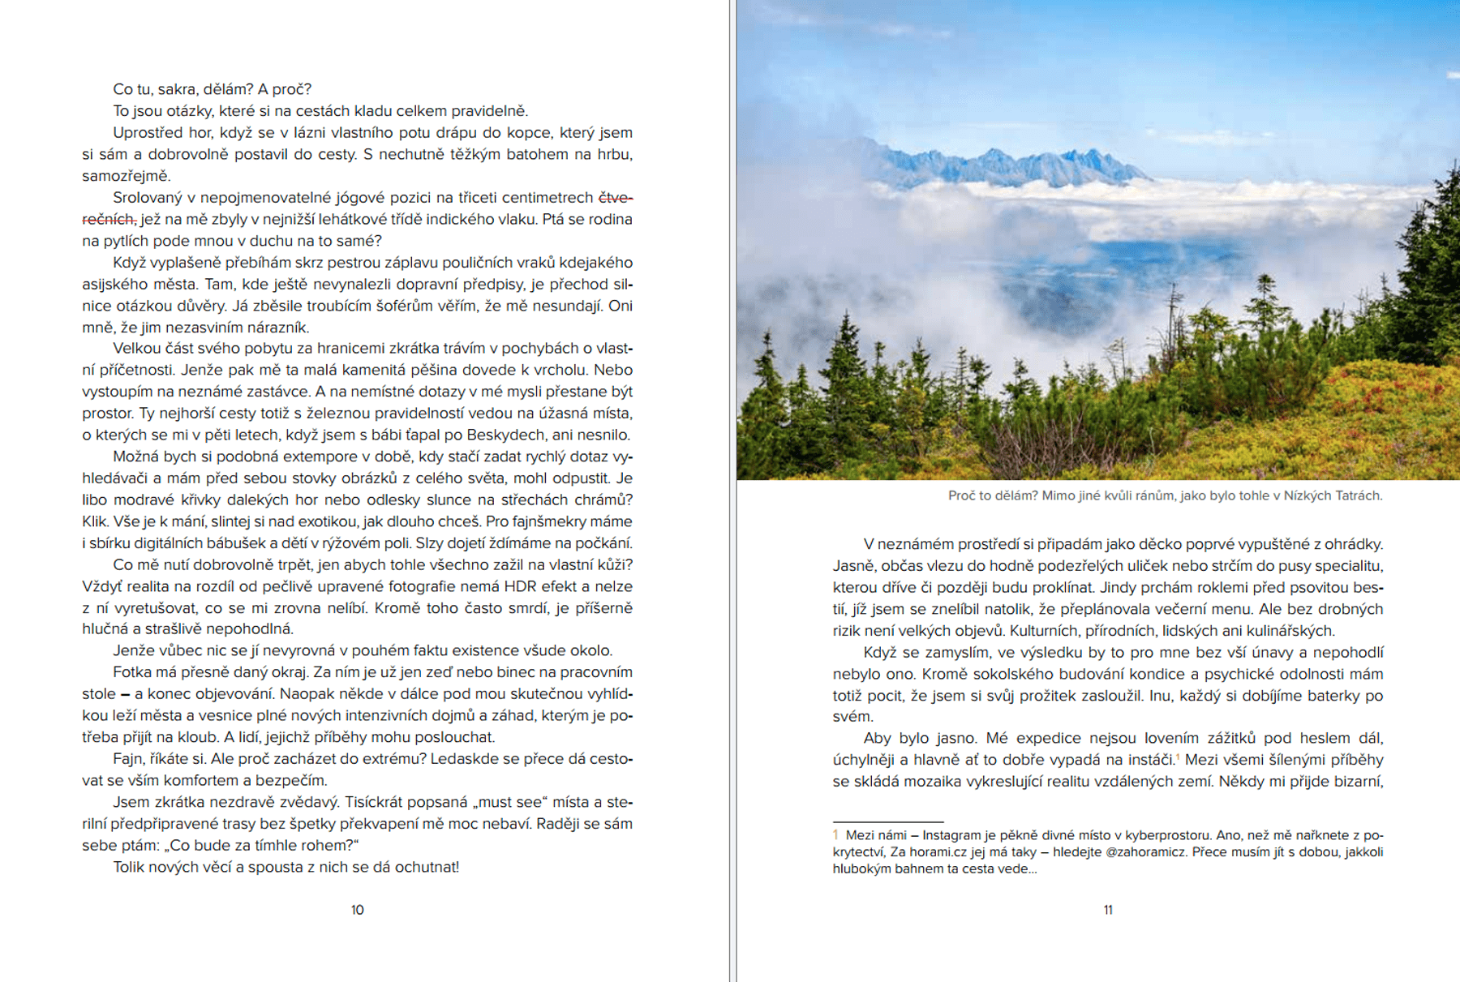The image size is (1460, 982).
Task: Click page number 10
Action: pyautogui.click(x=357, y=910)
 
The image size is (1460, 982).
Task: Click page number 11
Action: pyautogui.click(x=1108, y=910)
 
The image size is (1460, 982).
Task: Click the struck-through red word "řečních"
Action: pyautogui.click(x=109, y=219)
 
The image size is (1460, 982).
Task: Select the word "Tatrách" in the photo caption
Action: pyautogui.click(x=1356, y=495)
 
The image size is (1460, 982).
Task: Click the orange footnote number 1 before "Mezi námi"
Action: pyautogui.click(x=835, y=834)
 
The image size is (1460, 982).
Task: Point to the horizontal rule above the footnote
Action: pyautogui.click(x=887, y=821)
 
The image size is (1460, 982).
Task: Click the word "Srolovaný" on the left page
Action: pyautogui.click(x=152, y=198)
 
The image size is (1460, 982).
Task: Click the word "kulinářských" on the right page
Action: pyautogui.click(x=1289, y=631)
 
